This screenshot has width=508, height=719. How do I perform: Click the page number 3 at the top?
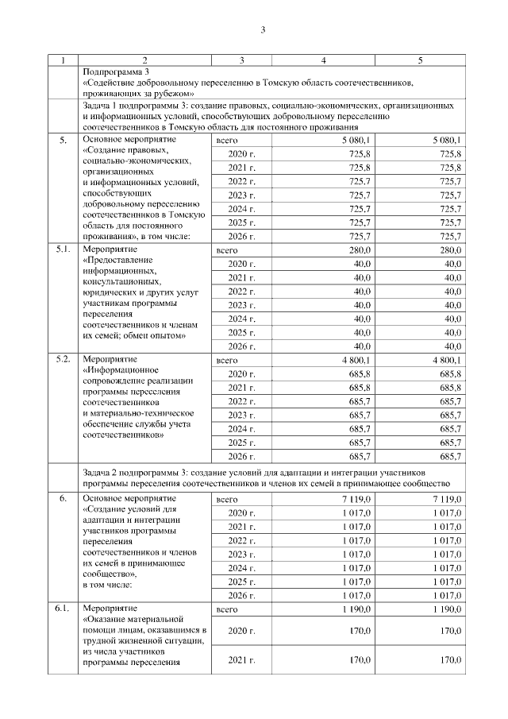pos(262,31)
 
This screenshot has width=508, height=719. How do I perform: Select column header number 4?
pos(323,60)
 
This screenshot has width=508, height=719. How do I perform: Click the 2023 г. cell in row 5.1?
pos(241,305)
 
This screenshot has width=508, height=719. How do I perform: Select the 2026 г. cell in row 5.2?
pos(241,457)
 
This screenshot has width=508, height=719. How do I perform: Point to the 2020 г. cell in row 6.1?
pos(241,631)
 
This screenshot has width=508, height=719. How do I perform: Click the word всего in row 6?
pos(227,499)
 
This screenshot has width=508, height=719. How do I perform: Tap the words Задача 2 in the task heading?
pos(103,473)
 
